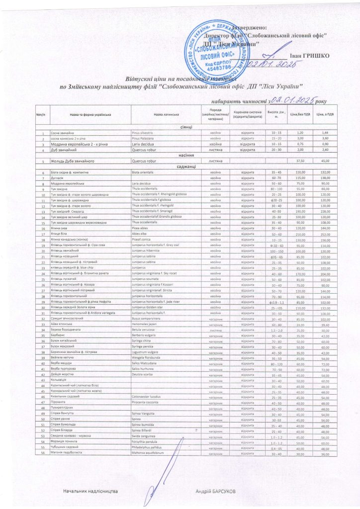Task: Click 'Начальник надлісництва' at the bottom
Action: [90, 491]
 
